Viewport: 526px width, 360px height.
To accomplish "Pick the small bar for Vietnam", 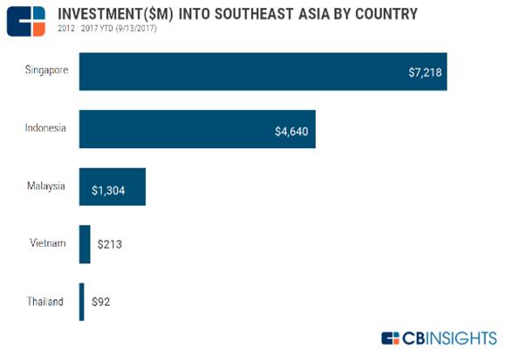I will click(85, 244).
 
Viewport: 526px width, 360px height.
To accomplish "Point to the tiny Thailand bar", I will click(81, 302).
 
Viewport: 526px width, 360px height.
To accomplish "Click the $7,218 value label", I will click(427, 71).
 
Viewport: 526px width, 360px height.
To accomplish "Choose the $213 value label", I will click(109, 244).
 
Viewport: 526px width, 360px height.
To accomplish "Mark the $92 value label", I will click(101, 302).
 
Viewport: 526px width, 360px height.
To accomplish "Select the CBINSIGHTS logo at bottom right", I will click(439, 337).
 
